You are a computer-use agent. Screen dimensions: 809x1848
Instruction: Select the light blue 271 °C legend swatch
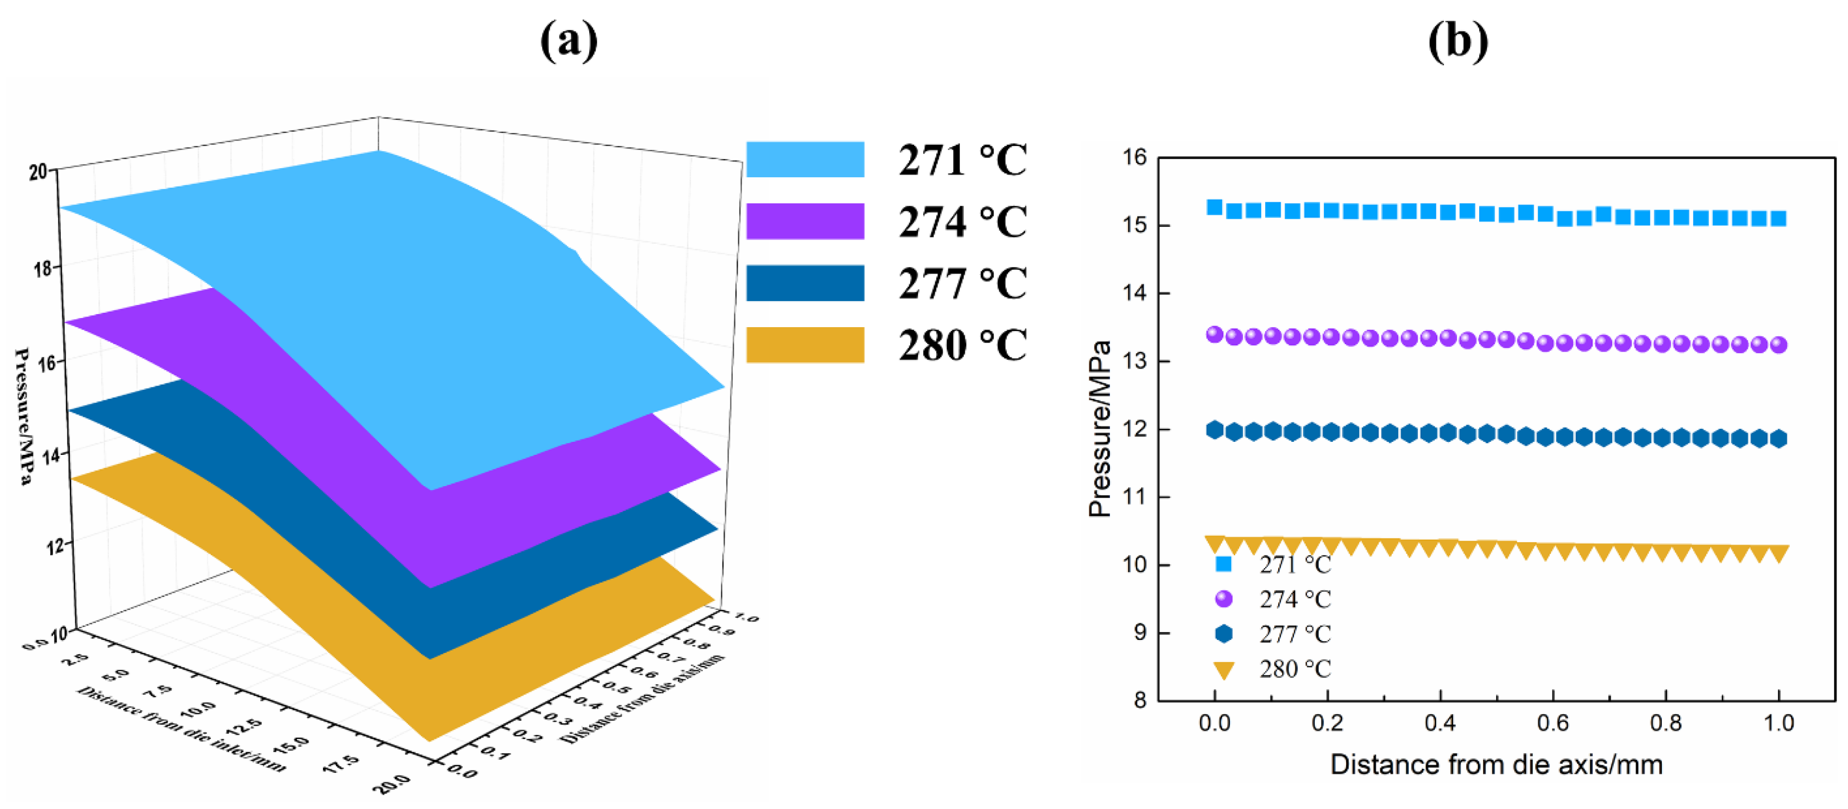(805, 159)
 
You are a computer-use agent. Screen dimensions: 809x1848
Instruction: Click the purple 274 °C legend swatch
(805, 221)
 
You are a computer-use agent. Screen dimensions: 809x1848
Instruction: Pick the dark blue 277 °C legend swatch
(805, 282)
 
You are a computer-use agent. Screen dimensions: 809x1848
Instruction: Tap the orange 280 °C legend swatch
(805, 344)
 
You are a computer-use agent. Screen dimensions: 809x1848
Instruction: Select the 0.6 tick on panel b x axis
(1552, 723)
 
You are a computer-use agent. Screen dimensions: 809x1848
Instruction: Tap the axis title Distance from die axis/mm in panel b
(1497, 765)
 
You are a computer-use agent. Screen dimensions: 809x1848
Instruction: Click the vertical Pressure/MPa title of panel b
(1099, 429)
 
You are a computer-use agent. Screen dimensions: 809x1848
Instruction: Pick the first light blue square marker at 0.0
(1214, 207)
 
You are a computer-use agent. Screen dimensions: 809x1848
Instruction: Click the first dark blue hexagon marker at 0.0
(1214, 430)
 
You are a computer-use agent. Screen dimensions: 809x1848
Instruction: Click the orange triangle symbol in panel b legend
(1224, 670)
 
